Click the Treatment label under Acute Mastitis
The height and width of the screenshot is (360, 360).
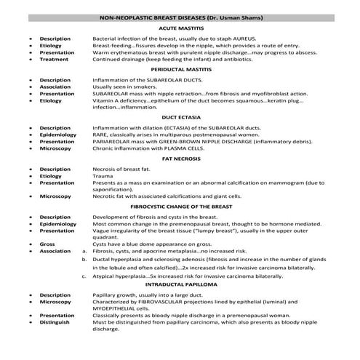point(55,59)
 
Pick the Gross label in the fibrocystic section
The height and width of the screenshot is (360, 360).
point(47,244)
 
